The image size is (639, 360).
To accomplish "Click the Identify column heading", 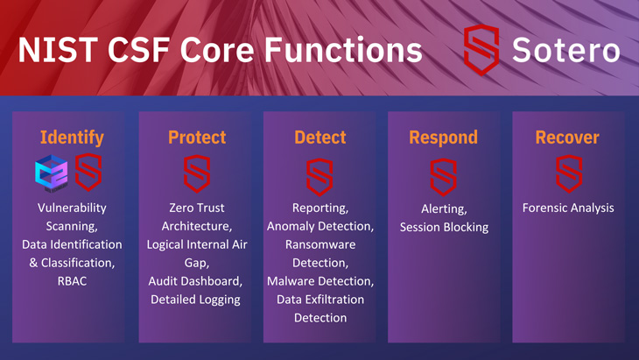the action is (72, 138).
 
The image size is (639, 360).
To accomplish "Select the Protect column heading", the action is (197, 138).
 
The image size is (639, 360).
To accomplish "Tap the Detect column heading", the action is (319, 138).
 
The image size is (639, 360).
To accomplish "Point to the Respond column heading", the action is (444, 138).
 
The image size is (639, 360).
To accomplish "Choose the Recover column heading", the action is (567, 138).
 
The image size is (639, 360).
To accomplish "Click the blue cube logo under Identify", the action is (52, 173).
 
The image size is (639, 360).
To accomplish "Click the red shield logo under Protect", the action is (197, 174).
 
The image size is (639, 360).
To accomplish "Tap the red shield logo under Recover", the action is (569, 174).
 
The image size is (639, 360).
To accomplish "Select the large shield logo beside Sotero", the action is (481, 50).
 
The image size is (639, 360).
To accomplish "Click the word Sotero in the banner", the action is (566, 50).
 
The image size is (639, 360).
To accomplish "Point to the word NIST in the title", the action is (58, 50).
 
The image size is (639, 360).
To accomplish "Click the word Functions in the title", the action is (343, 50).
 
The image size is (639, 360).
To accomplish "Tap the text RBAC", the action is (72, 281).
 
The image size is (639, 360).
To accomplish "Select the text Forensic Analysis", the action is (568, 208).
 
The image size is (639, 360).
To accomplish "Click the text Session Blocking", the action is (444, 227).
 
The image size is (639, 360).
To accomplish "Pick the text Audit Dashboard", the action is (194, 281).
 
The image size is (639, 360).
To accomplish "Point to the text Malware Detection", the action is (319, 281).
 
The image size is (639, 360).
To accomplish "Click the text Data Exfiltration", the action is (320, 300).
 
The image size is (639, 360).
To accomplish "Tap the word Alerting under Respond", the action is (444, 208).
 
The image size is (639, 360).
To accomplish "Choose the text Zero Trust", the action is (197, 208).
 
